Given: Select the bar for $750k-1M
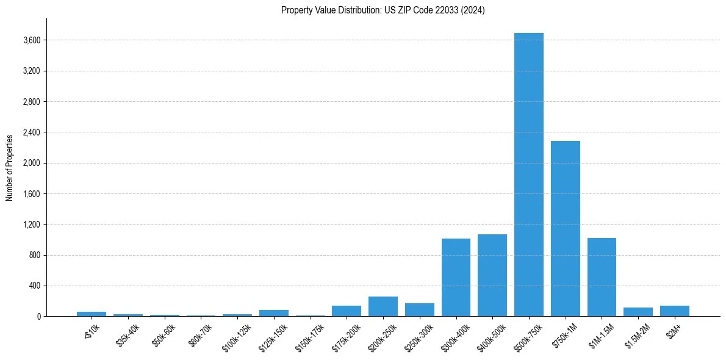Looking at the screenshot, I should (x=565, y=229).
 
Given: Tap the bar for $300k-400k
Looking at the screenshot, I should (x=456, y=278).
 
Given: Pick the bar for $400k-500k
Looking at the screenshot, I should (x=492, y=275).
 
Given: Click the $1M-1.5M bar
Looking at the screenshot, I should (x=602, y=277).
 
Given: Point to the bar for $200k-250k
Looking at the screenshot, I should (x=383, y=306).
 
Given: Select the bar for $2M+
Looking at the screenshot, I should (x=674, y=311).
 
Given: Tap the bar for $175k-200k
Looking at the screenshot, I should (x=347, y=311).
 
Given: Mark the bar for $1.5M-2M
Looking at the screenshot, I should (x=638, y=312).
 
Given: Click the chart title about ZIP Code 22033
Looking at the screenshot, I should (x=383, y=10).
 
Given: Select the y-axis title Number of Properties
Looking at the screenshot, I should (x=10, y=167).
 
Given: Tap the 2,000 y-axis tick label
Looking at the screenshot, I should (x=31, y=163).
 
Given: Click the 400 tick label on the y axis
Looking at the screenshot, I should (x=34, y=286).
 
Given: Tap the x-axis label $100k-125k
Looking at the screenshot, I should (x=234, y=334).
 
